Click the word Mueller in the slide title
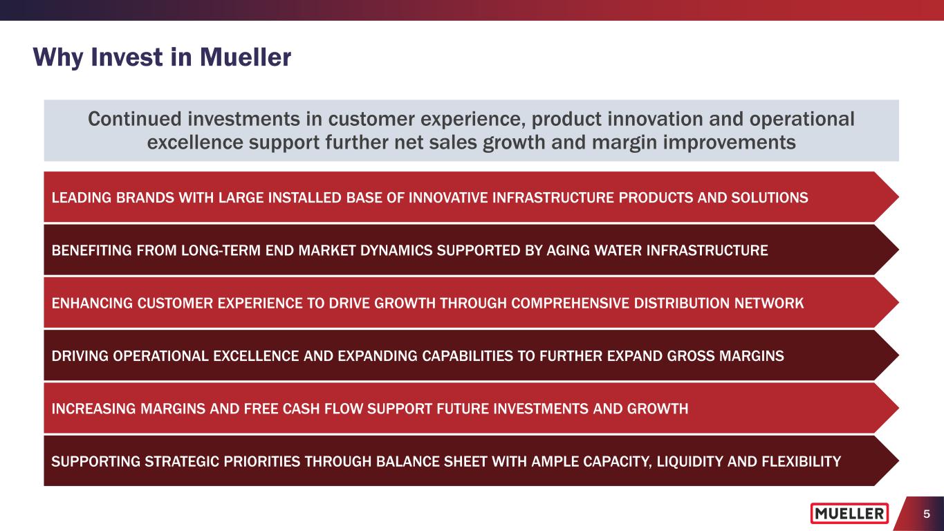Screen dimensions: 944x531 (246, 57)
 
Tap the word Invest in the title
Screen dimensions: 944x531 (127, 57)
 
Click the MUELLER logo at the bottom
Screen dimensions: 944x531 (849, 513)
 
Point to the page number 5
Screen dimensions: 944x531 (927, 514)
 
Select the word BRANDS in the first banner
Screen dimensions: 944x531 (145, 198)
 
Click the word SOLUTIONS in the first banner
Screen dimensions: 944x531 (770, 198)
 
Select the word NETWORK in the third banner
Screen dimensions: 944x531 (769, 303)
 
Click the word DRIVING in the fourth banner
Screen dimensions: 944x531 (80, 355)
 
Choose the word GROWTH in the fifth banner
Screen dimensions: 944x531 (658, 409)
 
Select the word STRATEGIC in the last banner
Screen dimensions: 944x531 (182, 461)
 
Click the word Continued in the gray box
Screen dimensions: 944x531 (134, 119)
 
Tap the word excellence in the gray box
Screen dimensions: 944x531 (195, 142)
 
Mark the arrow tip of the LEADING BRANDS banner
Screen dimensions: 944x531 (898, 197)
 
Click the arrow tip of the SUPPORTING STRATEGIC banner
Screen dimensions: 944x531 (898, 460)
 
